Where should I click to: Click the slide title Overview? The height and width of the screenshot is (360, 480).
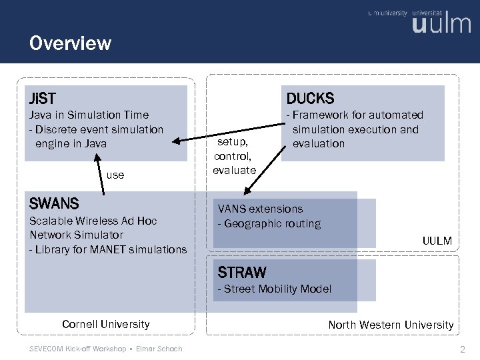tap(70, 44)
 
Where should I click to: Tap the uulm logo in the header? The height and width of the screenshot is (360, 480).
tap(441, 25)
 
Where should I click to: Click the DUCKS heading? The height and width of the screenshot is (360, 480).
tap(310, 99)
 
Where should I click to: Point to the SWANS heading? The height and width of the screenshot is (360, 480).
tap(54, 203)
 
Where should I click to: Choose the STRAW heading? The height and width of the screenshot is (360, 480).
tap(242, 272)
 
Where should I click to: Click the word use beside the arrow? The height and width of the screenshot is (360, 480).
tap(115, 175)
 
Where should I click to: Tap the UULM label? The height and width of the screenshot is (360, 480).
tap(437, 241)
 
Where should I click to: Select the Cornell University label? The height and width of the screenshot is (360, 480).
tap(105, 324)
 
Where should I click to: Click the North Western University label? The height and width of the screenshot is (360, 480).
tap(391, 325)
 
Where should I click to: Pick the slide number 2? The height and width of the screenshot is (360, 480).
tap(462, 349)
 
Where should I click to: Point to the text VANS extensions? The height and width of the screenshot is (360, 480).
tap(260, 209)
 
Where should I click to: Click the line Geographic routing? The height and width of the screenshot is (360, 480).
tap(269, 224)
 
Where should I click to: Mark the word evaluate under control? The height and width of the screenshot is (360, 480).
tap(234, 170)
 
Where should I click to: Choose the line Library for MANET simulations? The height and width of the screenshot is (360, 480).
tap(108, 249)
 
